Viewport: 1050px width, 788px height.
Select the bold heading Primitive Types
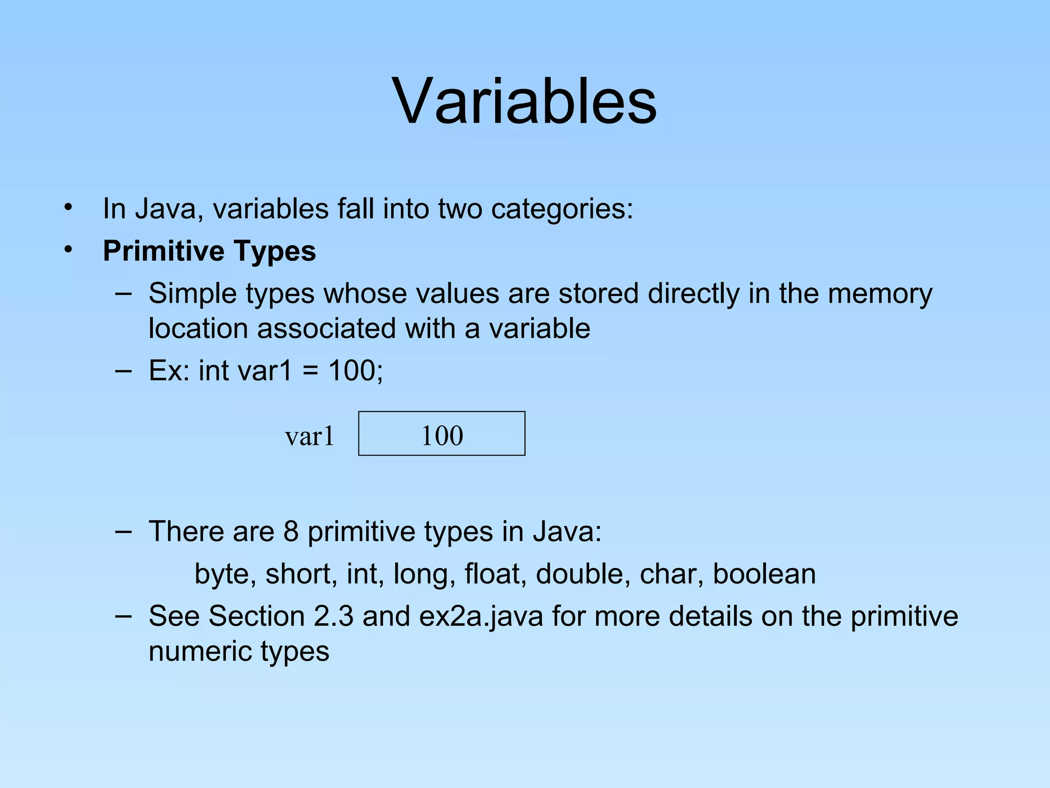[x=209, y=251]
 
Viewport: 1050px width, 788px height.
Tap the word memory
[x=880, y=294]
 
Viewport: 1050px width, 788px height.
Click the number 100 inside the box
[x=442, y=436]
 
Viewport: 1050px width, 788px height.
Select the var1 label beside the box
[x=310, y=437]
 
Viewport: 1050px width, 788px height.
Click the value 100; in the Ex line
[x=355, y=370]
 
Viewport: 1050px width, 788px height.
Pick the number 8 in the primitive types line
[x=291, y=531]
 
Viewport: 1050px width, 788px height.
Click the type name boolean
[x=764, y=574]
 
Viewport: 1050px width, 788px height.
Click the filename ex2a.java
[x=481, y=617]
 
